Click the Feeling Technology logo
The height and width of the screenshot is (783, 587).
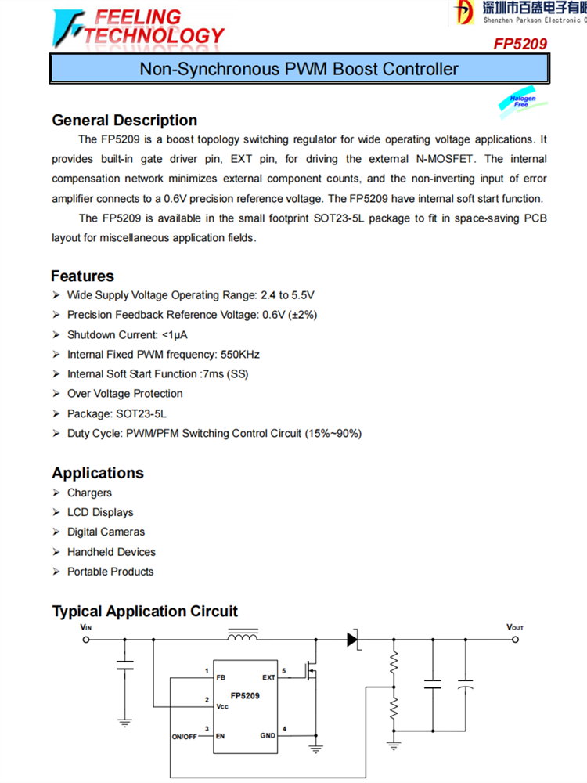point(138,27)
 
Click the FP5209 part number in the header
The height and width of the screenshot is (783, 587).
point(520,45)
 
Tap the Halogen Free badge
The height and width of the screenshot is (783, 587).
point(522,101)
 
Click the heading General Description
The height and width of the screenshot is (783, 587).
point(124,121)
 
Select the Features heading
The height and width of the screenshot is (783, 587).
point(82,276)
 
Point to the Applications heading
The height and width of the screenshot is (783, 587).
point(98,473)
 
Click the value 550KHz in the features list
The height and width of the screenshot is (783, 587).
point(240,355)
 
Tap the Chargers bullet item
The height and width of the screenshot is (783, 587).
point(89,493)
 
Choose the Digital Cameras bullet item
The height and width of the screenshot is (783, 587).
point(106,532)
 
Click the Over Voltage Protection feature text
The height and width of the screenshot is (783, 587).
point(124,394)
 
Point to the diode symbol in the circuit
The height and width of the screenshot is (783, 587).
point(353,639)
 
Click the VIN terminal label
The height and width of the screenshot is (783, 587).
point(85,628)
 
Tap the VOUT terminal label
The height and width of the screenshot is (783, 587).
point(515,628)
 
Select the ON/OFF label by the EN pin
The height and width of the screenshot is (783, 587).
point(184,737)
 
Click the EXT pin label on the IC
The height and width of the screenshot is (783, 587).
point(268,677)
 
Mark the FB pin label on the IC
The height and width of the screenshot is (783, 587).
point(221,677)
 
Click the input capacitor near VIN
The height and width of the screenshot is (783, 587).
point(124,666)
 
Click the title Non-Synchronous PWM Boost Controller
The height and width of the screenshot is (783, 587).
point(298,69)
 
